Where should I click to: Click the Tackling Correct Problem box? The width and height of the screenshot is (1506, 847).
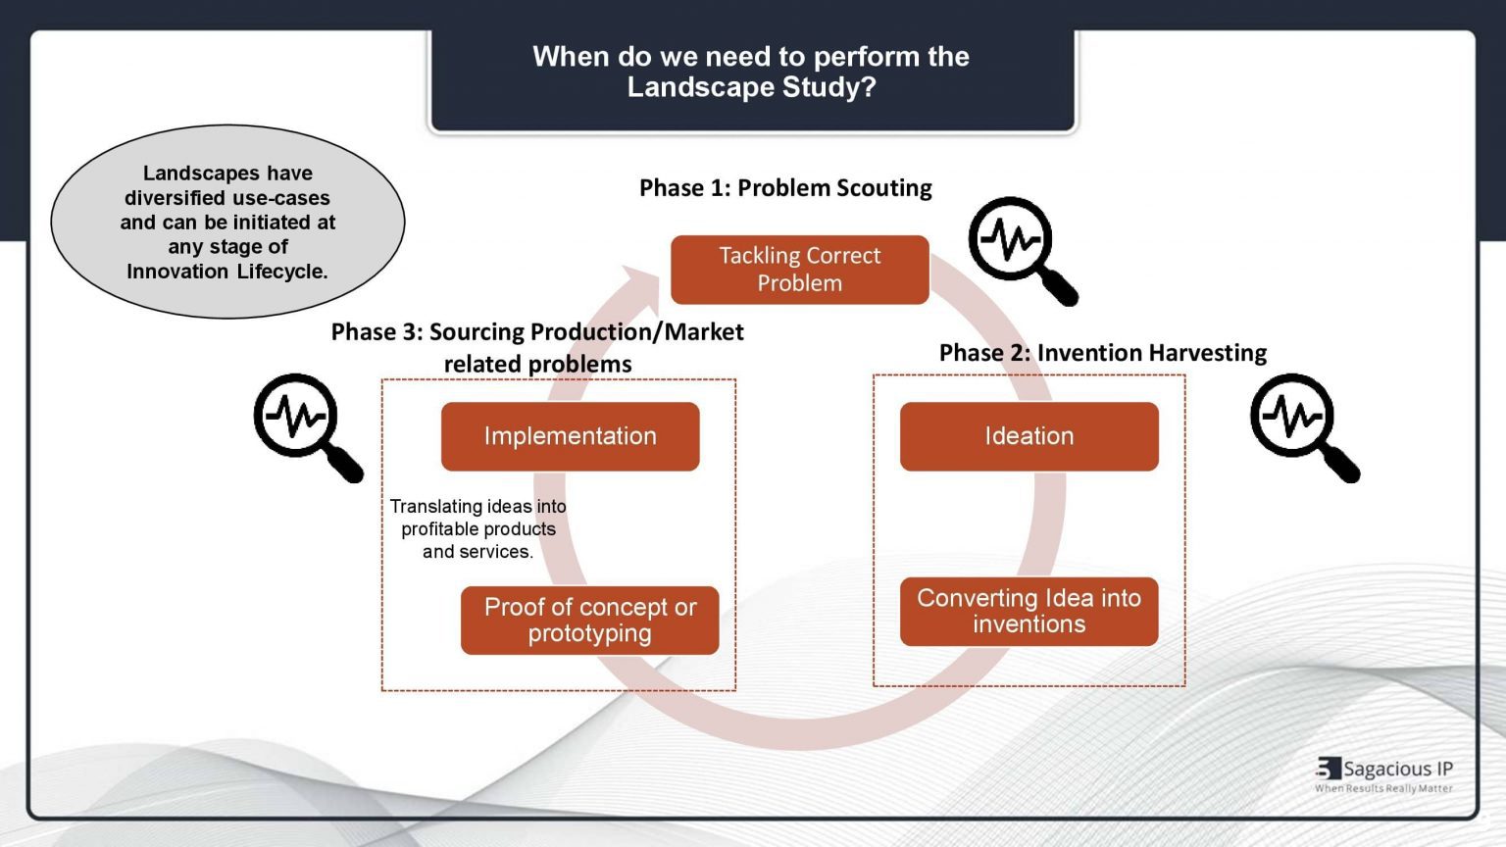pos(799,270)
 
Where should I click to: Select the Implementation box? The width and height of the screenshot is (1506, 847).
pos(570,436)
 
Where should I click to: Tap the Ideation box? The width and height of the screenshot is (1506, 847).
pos(1029,436)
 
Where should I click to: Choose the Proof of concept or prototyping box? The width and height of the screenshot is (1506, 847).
pos(589,621)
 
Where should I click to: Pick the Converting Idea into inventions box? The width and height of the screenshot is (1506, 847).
pos(1029,612)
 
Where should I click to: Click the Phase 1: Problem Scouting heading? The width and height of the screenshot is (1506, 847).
pos(785,188)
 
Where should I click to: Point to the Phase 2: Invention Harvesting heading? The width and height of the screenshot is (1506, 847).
pos(1102,353)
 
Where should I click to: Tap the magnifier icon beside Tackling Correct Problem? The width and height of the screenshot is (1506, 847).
pos(1020,249)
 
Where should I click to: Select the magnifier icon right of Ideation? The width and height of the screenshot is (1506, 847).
pos(1301,425)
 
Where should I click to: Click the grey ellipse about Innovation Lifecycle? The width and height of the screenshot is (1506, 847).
pos(227,222)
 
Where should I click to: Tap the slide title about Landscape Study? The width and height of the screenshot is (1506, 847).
pos(751,72)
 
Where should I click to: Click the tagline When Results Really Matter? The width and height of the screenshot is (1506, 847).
pos(1383,788)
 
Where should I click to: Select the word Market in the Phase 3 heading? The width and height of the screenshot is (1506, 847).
pos(703,332)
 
